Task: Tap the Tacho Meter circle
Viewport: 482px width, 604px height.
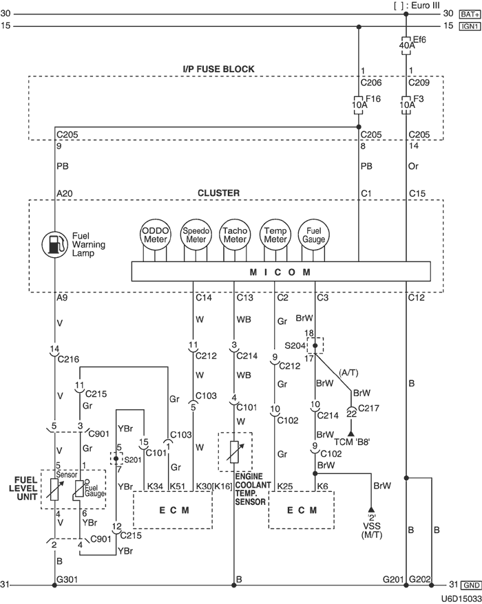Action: coord(234,234)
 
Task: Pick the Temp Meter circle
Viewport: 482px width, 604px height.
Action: coord(274,234)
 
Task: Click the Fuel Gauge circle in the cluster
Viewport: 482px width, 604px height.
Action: coord(315,234)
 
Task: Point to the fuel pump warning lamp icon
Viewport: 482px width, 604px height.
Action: coord(54,244)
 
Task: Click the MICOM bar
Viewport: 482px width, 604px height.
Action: coord(283,272)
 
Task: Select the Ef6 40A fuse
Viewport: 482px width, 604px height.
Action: coord(407,45)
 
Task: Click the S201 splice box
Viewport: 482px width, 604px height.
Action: coord(117,458)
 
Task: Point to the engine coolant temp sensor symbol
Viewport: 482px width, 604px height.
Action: coord(235,452)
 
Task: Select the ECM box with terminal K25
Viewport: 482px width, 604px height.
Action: coord(302,510)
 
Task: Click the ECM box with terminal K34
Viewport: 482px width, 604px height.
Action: coord(171,510)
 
